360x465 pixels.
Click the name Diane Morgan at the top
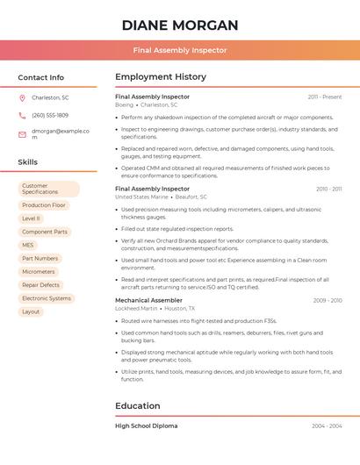(x=180, y=25)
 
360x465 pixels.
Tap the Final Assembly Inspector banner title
(x=180, y=50)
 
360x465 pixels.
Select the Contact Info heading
(x=41, y=77)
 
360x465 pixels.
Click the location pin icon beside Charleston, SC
(x=22, y=97)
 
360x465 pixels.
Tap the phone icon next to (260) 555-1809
(x=22, y=115)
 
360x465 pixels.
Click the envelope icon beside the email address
(x=22, y=134)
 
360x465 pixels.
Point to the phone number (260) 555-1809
(x=50, y=115)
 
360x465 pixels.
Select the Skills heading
(x=28, y=162)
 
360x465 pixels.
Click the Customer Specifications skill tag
(x=48, y=189)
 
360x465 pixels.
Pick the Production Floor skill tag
(x=44, y=205)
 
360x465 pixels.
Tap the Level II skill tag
(x=31, y=218)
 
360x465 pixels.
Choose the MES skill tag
(x=28, y=245)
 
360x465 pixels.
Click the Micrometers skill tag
(x=39, y=272)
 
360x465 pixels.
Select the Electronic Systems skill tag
(x=47, y=298)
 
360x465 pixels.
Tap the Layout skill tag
(x=31, y=311)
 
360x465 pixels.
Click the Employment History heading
(x=161, y=77)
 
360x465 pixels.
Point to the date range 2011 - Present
(x=325, y=97)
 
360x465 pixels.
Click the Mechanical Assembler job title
(x=149, y=300)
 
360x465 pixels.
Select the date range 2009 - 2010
(x=328, y=300)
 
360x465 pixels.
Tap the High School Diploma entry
(x=146, y=426)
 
